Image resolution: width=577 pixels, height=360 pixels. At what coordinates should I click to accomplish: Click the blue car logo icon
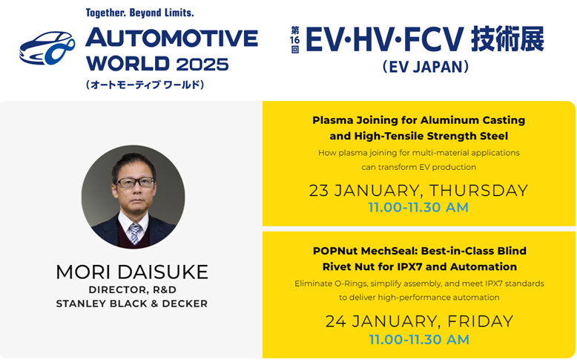(x=47, y=48)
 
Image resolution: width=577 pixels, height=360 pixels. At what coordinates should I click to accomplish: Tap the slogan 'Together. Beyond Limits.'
(x=140, y=13)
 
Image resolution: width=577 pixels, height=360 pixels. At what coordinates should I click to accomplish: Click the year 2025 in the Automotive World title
(x=202, y=64)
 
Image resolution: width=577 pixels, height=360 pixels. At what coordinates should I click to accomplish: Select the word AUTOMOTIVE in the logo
(x=172, y=38)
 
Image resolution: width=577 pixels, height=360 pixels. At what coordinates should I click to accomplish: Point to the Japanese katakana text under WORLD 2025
(x=145, y=85)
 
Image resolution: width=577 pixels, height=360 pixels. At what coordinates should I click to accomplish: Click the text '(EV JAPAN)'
(x=426, y=67)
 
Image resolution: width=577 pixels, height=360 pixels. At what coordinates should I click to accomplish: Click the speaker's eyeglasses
(x=135, y=183)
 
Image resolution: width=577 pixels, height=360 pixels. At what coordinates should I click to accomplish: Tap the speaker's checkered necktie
(x=135, y=234)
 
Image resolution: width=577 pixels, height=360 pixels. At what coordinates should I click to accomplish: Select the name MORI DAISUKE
(x=132, y=272)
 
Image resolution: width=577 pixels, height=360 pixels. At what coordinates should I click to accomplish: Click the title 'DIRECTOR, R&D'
(x=132, y=289)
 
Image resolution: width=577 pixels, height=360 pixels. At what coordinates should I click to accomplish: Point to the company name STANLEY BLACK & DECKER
(x=132, y=304)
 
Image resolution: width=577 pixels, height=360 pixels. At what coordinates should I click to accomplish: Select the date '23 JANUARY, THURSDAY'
(x=418, y=190)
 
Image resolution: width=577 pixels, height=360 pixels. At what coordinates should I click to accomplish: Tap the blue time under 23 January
(x=418, y=207)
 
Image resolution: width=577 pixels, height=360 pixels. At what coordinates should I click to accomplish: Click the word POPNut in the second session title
(x=334, y=251)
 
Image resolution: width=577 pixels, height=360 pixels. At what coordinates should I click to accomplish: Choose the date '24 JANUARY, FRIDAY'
(x=419, y=321)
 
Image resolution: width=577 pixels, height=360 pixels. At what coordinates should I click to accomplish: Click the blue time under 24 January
(x=419, y=339)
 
